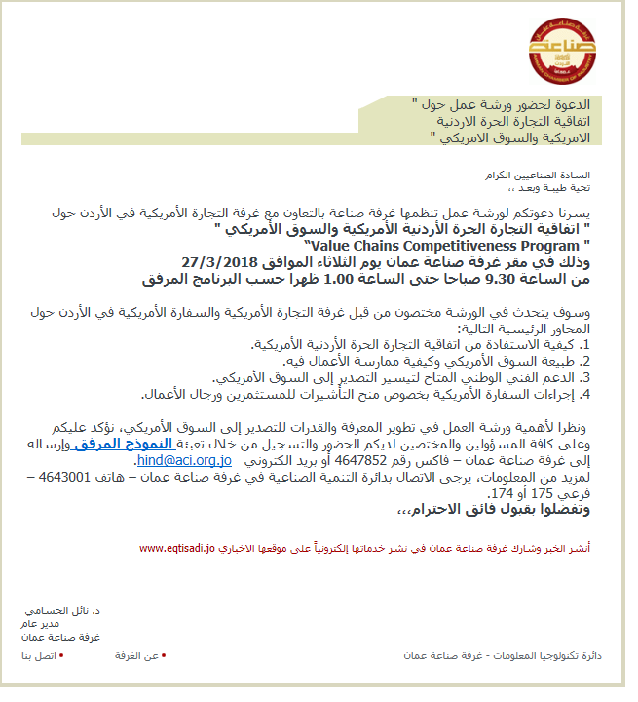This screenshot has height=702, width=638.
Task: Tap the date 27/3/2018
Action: coord(221,262)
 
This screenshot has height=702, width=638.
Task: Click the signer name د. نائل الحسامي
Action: coord(73,608)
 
